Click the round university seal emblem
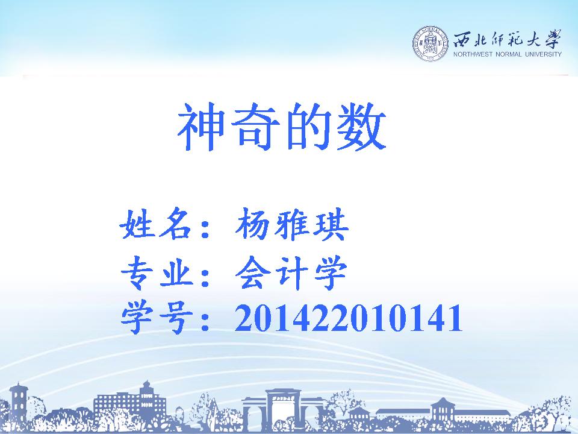coord(430,44)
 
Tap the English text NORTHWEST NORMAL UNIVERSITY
coord(507,54)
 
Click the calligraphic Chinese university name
coord(507,39)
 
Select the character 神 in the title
coord(201,126)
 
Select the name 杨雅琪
coord(291,224)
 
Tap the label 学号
coord(157,318)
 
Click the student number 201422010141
coord(349,318)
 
